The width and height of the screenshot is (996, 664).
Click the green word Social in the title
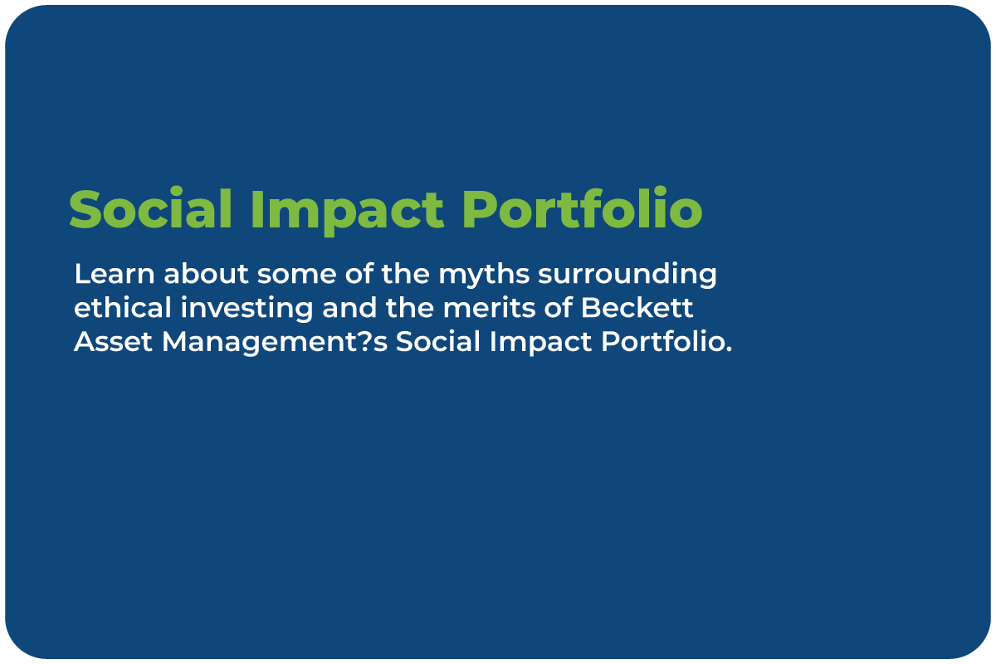click(x=151, y=208)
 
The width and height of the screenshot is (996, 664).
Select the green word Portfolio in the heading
click(x=583, y=207)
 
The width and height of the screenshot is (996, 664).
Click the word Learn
click(x=115, y=273)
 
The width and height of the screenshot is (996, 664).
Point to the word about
click(x=206, y=273)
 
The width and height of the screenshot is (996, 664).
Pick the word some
click(x=296, y=276)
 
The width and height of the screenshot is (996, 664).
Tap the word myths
click(x=484, y=276)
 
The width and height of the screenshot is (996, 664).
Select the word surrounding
click(x=627, y=276)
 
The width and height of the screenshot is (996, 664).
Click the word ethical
click(x=123, y=307)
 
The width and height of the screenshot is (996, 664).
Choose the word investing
click(x=247, y=310)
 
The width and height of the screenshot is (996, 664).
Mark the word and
click(x=349, y=307)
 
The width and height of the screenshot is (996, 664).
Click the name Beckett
click(x=637, y=307)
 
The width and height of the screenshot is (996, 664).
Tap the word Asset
click(x=113, y=342)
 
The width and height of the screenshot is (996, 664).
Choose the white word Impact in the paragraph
click(x=540, y=344)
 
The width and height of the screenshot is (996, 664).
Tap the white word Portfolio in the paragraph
click(x=660, y=341)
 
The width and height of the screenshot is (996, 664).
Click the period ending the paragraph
click(x=728, y=349)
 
